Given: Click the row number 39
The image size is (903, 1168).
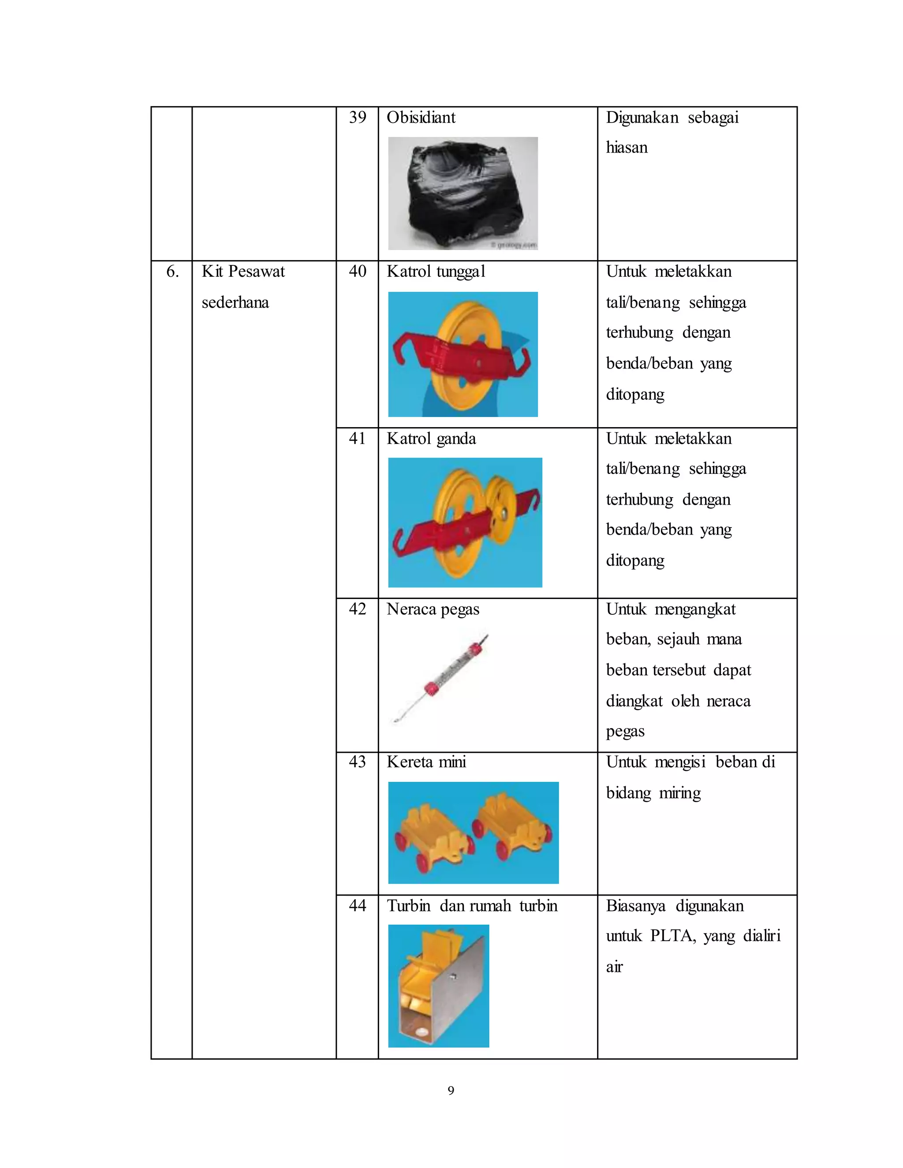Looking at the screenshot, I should [357, 118].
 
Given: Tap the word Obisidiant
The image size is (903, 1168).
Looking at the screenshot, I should [421, 118].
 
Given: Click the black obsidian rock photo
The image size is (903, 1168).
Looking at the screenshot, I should [463, 193].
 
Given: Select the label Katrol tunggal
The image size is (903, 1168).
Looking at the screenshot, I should [436, 272].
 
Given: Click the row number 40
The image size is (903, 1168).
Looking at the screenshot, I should [357, 272].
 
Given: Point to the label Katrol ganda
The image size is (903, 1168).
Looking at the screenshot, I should [431, 439].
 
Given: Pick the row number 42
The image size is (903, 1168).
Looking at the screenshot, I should [357, 609].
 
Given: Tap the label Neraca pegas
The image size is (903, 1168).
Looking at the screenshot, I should [433, 609].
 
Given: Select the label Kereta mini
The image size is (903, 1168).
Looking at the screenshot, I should [426, 762].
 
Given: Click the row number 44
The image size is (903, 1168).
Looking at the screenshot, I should [357, 906].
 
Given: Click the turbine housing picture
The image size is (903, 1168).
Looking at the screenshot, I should [439, 986].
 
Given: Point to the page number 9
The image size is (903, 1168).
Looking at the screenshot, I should [451, 1090].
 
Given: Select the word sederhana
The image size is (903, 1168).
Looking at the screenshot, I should [235, 303].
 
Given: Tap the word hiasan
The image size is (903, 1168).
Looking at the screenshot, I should [627, 148].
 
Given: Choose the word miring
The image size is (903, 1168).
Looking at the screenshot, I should [679, 792].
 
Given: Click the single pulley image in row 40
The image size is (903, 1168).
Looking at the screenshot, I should [463, 354].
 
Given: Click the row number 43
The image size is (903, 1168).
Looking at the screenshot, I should [357, 762].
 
